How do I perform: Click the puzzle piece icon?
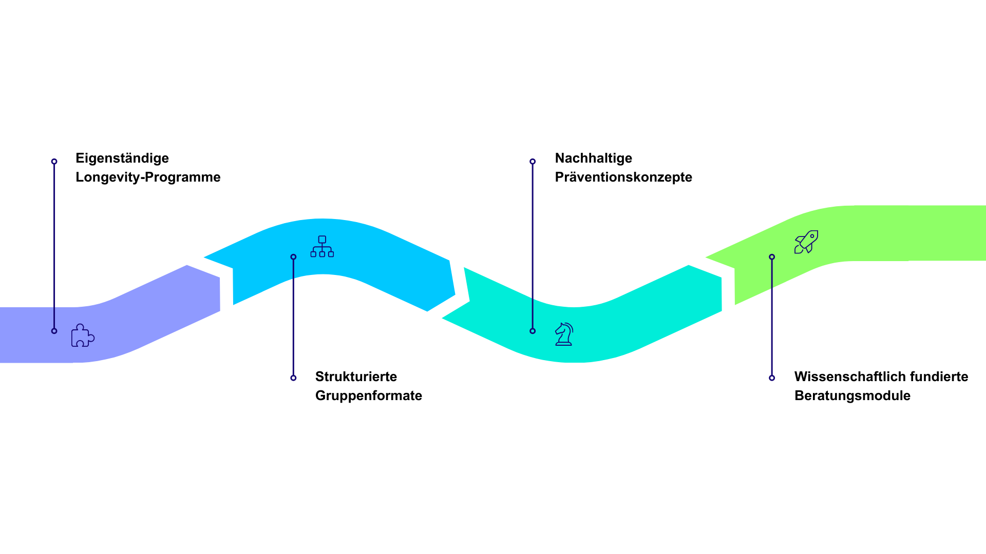82,335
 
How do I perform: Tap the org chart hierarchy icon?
322,247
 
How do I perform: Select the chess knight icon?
564,334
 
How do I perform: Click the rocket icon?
806,242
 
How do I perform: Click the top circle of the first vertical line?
54,162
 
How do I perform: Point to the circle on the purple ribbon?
54,331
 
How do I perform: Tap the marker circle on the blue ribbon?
293,257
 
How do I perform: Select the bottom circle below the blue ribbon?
293,378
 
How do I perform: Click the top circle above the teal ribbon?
533,162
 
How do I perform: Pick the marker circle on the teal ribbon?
533,331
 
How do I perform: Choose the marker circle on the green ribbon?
772,257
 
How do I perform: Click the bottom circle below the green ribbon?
772,378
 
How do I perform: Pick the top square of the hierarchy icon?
322,240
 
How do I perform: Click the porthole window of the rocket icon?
812,236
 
